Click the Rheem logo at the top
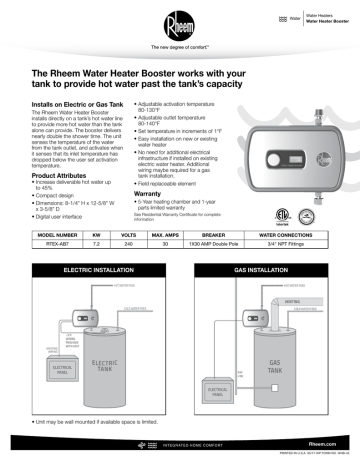[179, 23]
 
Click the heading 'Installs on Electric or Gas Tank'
[85, 104]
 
